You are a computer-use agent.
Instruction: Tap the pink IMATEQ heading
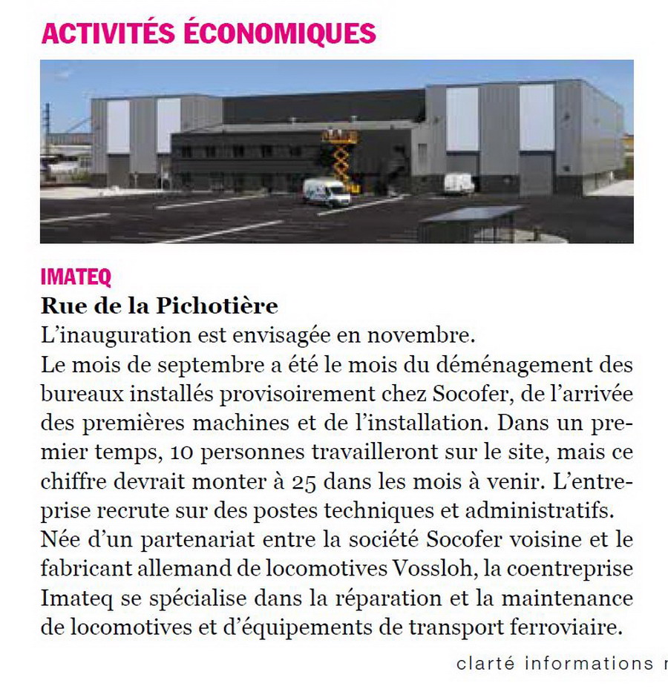click(76, 277)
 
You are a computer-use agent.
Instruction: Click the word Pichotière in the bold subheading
click(227, 306)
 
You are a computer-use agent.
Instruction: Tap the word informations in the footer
click(589, 664)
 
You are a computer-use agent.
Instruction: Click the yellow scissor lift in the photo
click(341, 156)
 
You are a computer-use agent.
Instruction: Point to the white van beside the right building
click(459, 183)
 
